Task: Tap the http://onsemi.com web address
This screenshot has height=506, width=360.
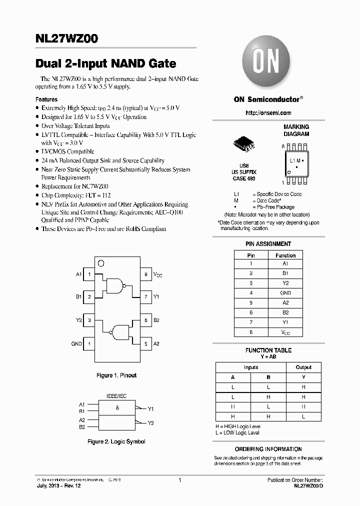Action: coord(268,113)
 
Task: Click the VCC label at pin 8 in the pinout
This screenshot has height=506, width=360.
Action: coord(157,274)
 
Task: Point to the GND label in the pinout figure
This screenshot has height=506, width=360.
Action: coord(76,344)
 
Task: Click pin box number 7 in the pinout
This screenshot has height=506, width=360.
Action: coord(145,297)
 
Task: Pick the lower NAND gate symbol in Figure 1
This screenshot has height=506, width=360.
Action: coord(122,332)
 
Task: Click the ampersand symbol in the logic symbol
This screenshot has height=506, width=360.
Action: coord(117,408)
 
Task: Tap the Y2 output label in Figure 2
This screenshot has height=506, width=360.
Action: coord(150,423)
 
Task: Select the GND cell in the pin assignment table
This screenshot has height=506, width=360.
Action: coord(285,293)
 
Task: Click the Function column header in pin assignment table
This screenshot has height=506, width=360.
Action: coord(285,255)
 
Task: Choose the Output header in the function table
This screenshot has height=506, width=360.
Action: coord(303,367)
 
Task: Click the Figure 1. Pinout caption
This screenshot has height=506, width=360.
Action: coord(116,375)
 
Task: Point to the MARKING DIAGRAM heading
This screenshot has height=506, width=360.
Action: coord(296,130)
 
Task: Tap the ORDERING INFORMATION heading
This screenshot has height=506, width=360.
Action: coord(268,449)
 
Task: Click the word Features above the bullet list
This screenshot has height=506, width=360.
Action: coord(46,99)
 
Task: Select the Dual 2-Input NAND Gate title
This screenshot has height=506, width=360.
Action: coord(106,64)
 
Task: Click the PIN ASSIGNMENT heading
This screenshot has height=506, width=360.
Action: coord(268,244)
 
